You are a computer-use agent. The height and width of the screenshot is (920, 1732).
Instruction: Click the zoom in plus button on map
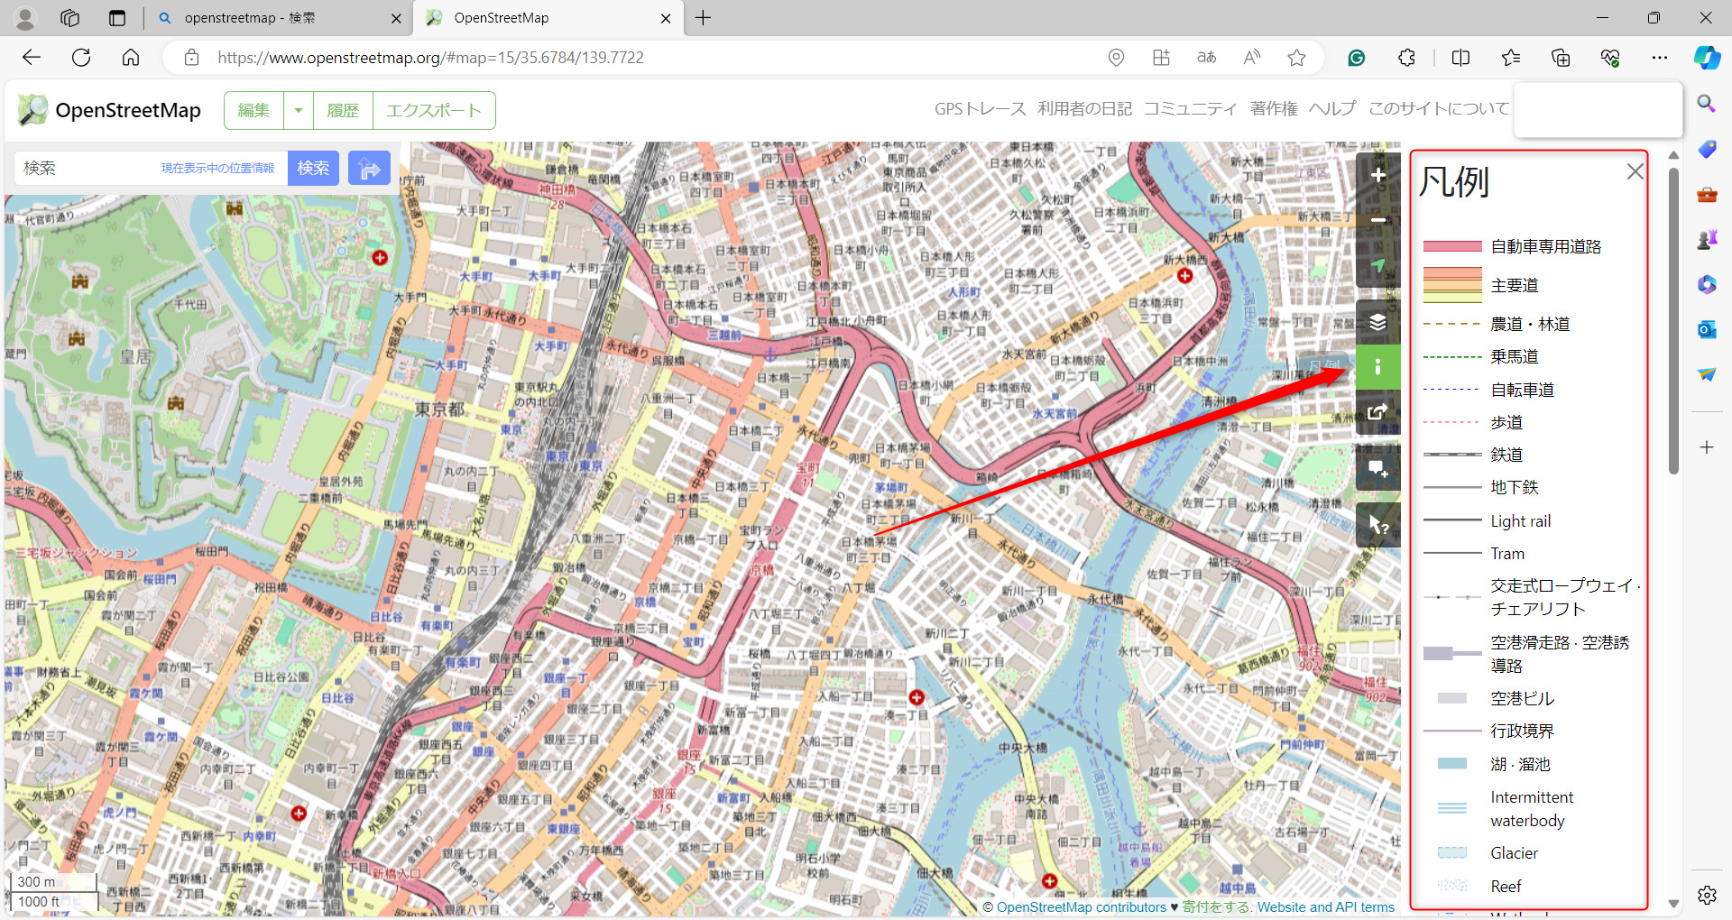(1377, 175)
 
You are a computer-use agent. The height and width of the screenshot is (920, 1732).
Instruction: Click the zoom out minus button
(1377, 220)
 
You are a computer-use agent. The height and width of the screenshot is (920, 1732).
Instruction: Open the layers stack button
(1377, 322)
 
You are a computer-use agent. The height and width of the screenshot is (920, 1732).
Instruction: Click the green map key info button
(1377, 367)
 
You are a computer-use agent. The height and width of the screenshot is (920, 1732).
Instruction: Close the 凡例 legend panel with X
(1635, 171)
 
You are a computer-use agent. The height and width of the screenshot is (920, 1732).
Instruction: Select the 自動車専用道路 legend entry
(1545, 246)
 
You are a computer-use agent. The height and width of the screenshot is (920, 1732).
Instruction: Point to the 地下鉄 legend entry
(1514, 487)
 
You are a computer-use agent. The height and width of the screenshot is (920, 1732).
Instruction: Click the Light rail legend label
(1520, 521)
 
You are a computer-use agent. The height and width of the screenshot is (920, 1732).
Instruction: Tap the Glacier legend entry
(1514, 853)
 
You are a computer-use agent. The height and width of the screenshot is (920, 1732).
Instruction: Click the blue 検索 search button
(313, 168)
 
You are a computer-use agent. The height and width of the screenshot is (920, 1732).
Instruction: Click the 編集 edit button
(253, 110)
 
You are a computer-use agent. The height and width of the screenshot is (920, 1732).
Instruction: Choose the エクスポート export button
(434, 110)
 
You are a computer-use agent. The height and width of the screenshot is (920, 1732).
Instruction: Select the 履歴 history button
(343, 110)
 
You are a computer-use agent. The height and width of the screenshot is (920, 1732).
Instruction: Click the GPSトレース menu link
(980, 109)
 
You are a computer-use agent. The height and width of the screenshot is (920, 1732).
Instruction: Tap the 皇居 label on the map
(136, 357)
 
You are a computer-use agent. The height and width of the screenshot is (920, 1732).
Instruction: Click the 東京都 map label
(439, 409)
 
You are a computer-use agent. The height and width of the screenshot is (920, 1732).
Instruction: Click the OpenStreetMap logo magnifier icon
(32, 110)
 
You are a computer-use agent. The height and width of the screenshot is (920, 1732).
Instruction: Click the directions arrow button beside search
(369, 168)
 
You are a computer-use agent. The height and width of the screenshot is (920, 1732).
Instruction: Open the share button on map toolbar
(1377, 412)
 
